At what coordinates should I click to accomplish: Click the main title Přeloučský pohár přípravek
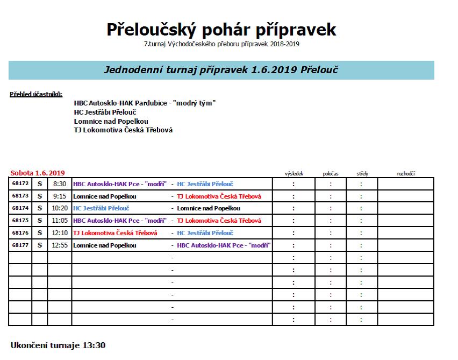(221, 29)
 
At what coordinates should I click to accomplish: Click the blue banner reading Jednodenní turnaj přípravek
(221, 70)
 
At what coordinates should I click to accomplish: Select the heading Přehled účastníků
(36, 94)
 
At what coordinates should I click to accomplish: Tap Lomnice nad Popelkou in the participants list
(111, 121)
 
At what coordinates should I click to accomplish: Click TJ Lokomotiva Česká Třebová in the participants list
(123, 130)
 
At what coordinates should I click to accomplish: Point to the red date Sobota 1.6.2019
(38, 173)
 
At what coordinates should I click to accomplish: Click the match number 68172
(20, 183)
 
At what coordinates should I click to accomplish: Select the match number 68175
(20, 220)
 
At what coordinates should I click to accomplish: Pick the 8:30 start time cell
(59, 184)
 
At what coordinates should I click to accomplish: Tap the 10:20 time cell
(59, 208)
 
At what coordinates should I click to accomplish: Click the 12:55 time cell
(59, 245)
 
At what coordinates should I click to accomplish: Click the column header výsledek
(294, 173)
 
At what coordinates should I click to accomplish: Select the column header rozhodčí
(405, 173)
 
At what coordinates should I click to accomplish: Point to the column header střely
(362, 173)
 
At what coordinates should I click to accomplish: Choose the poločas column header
(331, 173)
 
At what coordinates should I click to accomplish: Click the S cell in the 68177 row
(39, 245)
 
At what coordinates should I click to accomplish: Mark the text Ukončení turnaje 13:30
(58, 345)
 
